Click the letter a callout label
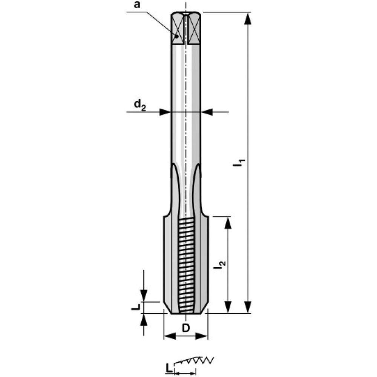click(137, 5)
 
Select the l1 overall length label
click(239, 163)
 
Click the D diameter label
click(186, 328)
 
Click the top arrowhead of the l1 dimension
click(248, 18)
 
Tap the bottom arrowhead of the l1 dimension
click(248, 307)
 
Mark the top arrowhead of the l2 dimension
click(228, 223)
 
